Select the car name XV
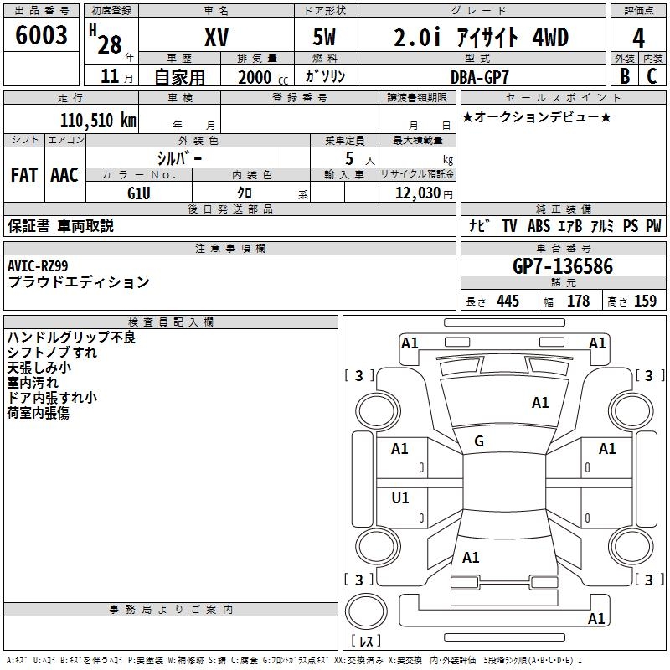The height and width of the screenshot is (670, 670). (x=217, y=38)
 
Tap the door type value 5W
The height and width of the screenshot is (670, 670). (x=326, y=38)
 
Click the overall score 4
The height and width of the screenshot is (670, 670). (x=639, y=38)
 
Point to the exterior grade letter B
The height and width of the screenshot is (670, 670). (x=624, y=76)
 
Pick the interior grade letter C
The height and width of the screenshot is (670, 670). (x=652, y=76)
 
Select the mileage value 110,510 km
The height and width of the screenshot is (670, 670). (x=98, y=120)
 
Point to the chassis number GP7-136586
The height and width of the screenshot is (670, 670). (x=563, y=267)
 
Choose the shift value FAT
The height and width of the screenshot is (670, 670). (x=24, y=175)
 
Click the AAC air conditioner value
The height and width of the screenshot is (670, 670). (x=64, y=175)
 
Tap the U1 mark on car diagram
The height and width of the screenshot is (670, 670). (x=400, y=498)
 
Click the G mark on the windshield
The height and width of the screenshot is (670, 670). (x=479, y=441)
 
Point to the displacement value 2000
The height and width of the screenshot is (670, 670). (x=255, y=77)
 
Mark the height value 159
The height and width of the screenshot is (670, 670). (x=645, y=301)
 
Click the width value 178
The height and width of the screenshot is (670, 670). (x=578, y=301)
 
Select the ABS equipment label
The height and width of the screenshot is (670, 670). (x=538, y=226)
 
